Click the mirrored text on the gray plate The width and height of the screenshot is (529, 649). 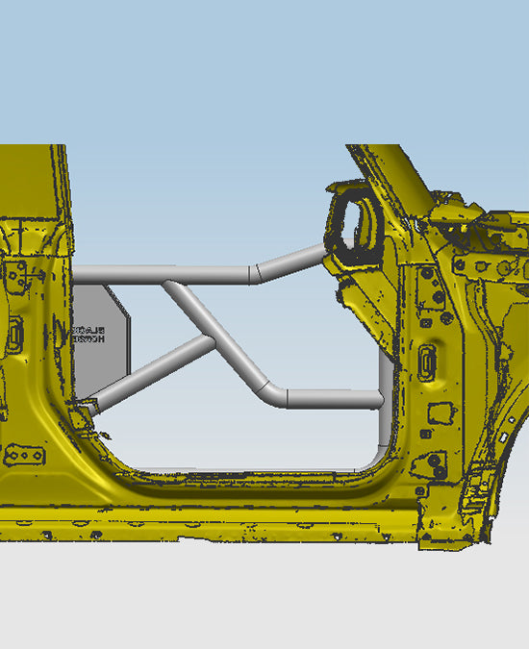[x=90, y=334]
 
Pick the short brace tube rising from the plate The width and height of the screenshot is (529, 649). [x=154, y=366]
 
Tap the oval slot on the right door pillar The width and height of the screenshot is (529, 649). [x=428, y=362]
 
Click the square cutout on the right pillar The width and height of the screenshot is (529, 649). [x=441, y=412]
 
